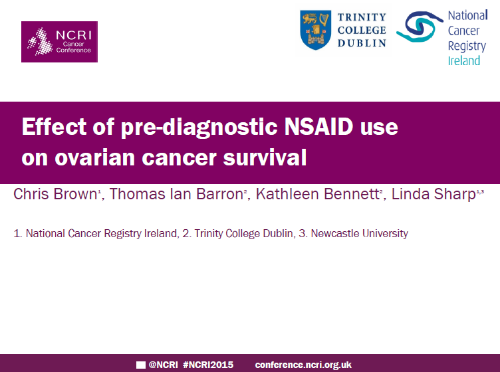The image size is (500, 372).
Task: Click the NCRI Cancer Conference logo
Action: click(x=59, y=42)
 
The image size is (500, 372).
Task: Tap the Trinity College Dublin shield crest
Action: click(x=315, y=30)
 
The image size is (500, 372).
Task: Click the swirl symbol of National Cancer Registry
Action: click(x=420, y=27)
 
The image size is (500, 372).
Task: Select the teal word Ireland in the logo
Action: click(x=464, y=60)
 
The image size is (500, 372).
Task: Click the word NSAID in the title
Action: click(x=319, y=127)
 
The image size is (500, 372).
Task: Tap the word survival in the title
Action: click(x=265, y=157)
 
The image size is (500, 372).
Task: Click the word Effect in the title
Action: click(x=55, y=127)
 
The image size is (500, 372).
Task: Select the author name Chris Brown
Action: click(x=55, y=194)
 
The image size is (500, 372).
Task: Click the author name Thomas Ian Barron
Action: click(x=177, y=194)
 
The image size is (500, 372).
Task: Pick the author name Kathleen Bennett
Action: click(x=318, y=194)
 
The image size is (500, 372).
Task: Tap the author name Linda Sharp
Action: click(x=434, y=194)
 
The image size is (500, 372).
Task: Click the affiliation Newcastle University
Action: click(x=359, y=233)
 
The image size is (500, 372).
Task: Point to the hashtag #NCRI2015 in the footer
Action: click(x=208, y=365)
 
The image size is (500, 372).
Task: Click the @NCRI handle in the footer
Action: click(x=164, y=365)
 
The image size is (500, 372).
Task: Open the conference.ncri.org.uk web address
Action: click(x=303, y=365)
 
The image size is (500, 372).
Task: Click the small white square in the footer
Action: click(x=141, y=365)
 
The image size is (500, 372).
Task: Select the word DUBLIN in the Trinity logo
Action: click(x=362, y=43)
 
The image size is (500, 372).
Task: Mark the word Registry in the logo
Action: click(x=467, y=46)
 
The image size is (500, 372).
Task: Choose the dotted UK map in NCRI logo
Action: click(x=40, y=42)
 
